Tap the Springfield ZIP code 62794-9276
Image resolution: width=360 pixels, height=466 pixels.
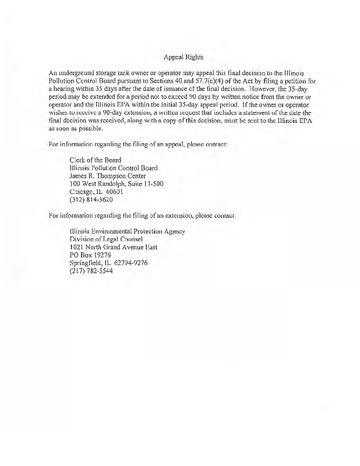(x=131, y=262)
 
